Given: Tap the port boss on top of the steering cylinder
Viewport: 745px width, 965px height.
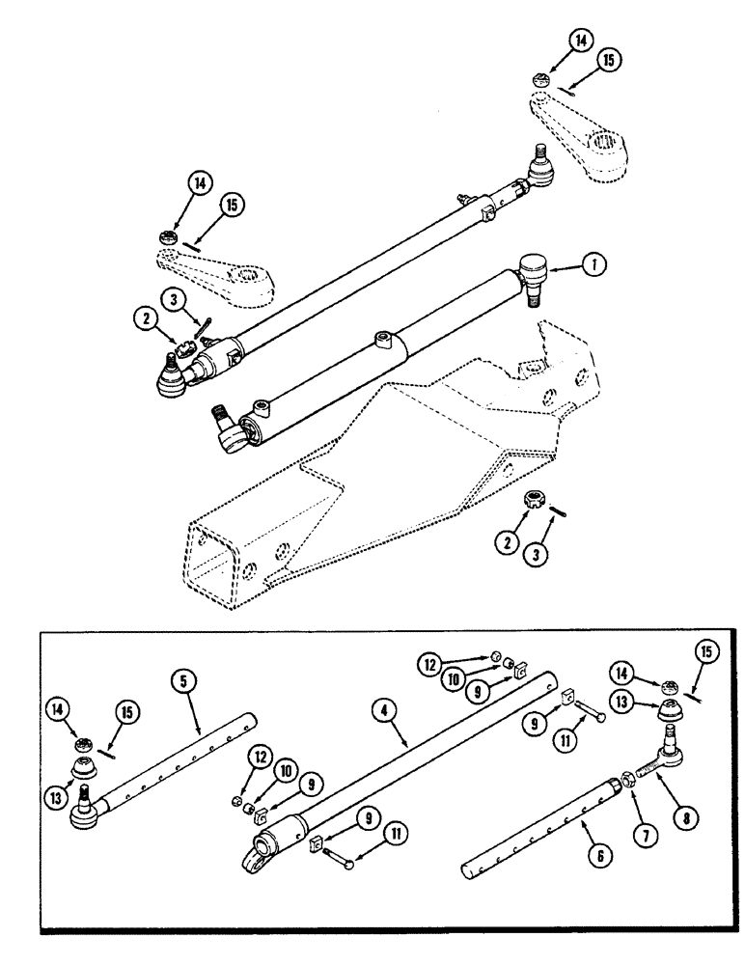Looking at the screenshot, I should (384, 341).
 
